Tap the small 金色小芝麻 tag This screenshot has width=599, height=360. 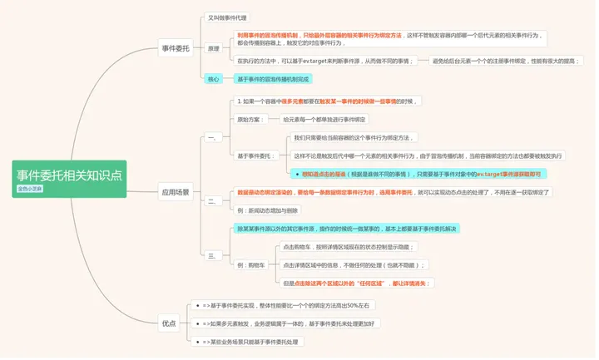coord(29,189)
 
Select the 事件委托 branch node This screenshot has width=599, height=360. coord(175,48)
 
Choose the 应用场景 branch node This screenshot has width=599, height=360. coord(175,192)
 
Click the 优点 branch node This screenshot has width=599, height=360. coord(169,323)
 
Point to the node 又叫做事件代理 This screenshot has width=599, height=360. coord(227,17)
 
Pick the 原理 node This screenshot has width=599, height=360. coord(214,48)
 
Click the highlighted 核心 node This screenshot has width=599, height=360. coord(214,79)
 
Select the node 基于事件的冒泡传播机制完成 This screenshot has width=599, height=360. coord(274,79)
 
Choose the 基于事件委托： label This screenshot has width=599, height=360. coord(256,155)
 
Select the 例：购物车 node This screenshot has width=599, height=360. coord(251,264)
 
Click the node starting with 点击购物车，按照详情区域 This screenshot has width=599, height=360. coord(348,247)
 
